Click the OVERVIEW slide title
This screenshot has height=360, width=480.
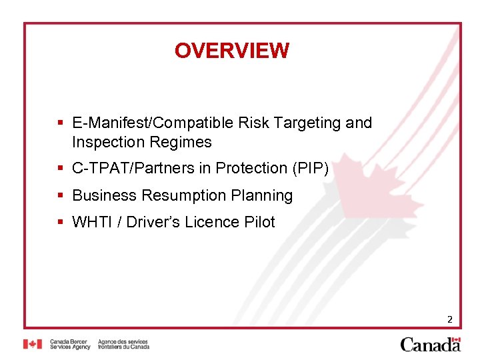pyautogui.click(x=231, y=51)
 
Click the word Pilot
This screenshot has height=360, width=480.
pyautogui.click(x=259, y=222)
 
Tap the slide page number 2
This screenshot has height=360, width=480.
pyautogui.click(x=449, y=319)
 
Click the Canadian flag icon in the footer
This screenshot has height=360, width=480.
pyautogui.click(x=32, y=344)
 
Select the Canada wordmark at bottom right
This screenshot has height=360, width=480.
pyautogui.click(x=430, y=344)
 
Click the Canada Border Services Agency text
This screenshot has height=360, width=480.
pyautogui.click(x=69, y=344)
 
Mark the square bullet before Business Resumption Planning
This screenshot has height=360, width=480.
pyautogui.click(x=60, y=195)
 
